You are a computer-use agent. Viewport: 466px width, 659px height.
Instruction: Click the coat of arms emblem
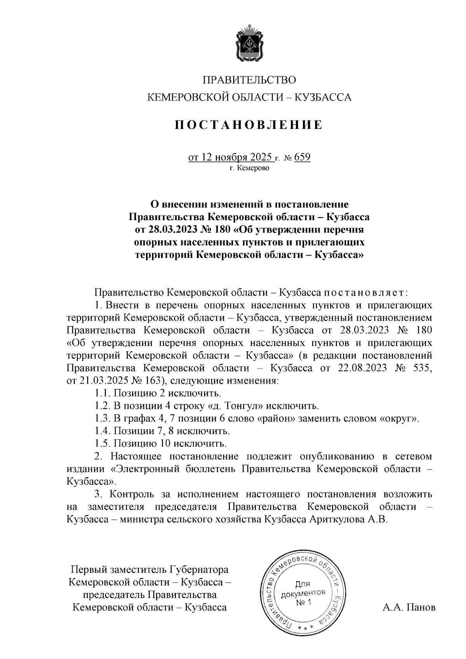[x=249, y=43]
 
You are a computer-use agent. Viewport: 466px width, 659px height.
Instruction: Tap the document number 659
[x=303, y=157]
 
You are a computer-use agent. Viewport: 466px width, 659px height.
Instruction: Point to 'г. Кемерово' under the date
[x=249, y=168]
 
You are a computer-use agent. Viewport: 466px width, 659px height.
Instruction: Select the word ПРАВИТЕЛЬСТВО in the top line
[x=249, y=80]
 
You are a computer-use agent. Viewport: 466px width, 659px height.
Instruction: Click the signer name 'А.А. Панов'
[x=409, y=607]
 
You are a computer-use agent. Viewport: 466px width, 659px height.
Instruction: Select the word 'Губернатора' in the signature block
[x=199, y=570]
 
